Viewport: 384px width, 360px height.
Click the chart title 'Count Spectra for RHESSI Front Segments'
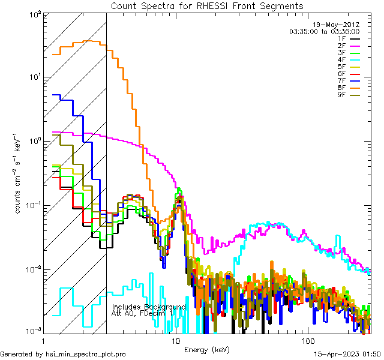(x=207, y=6)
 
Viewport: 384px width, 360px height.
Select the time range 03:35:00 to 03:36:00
(x=325, y=31)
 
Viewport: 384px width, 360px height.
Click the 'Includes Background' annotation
(x=149, y=307)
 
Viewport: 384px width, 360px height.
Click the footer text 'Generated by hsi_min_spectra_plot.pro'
(x=63, y=355)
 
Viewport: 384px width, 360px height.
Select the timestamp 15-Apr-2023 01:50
(x=348, y=355)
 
